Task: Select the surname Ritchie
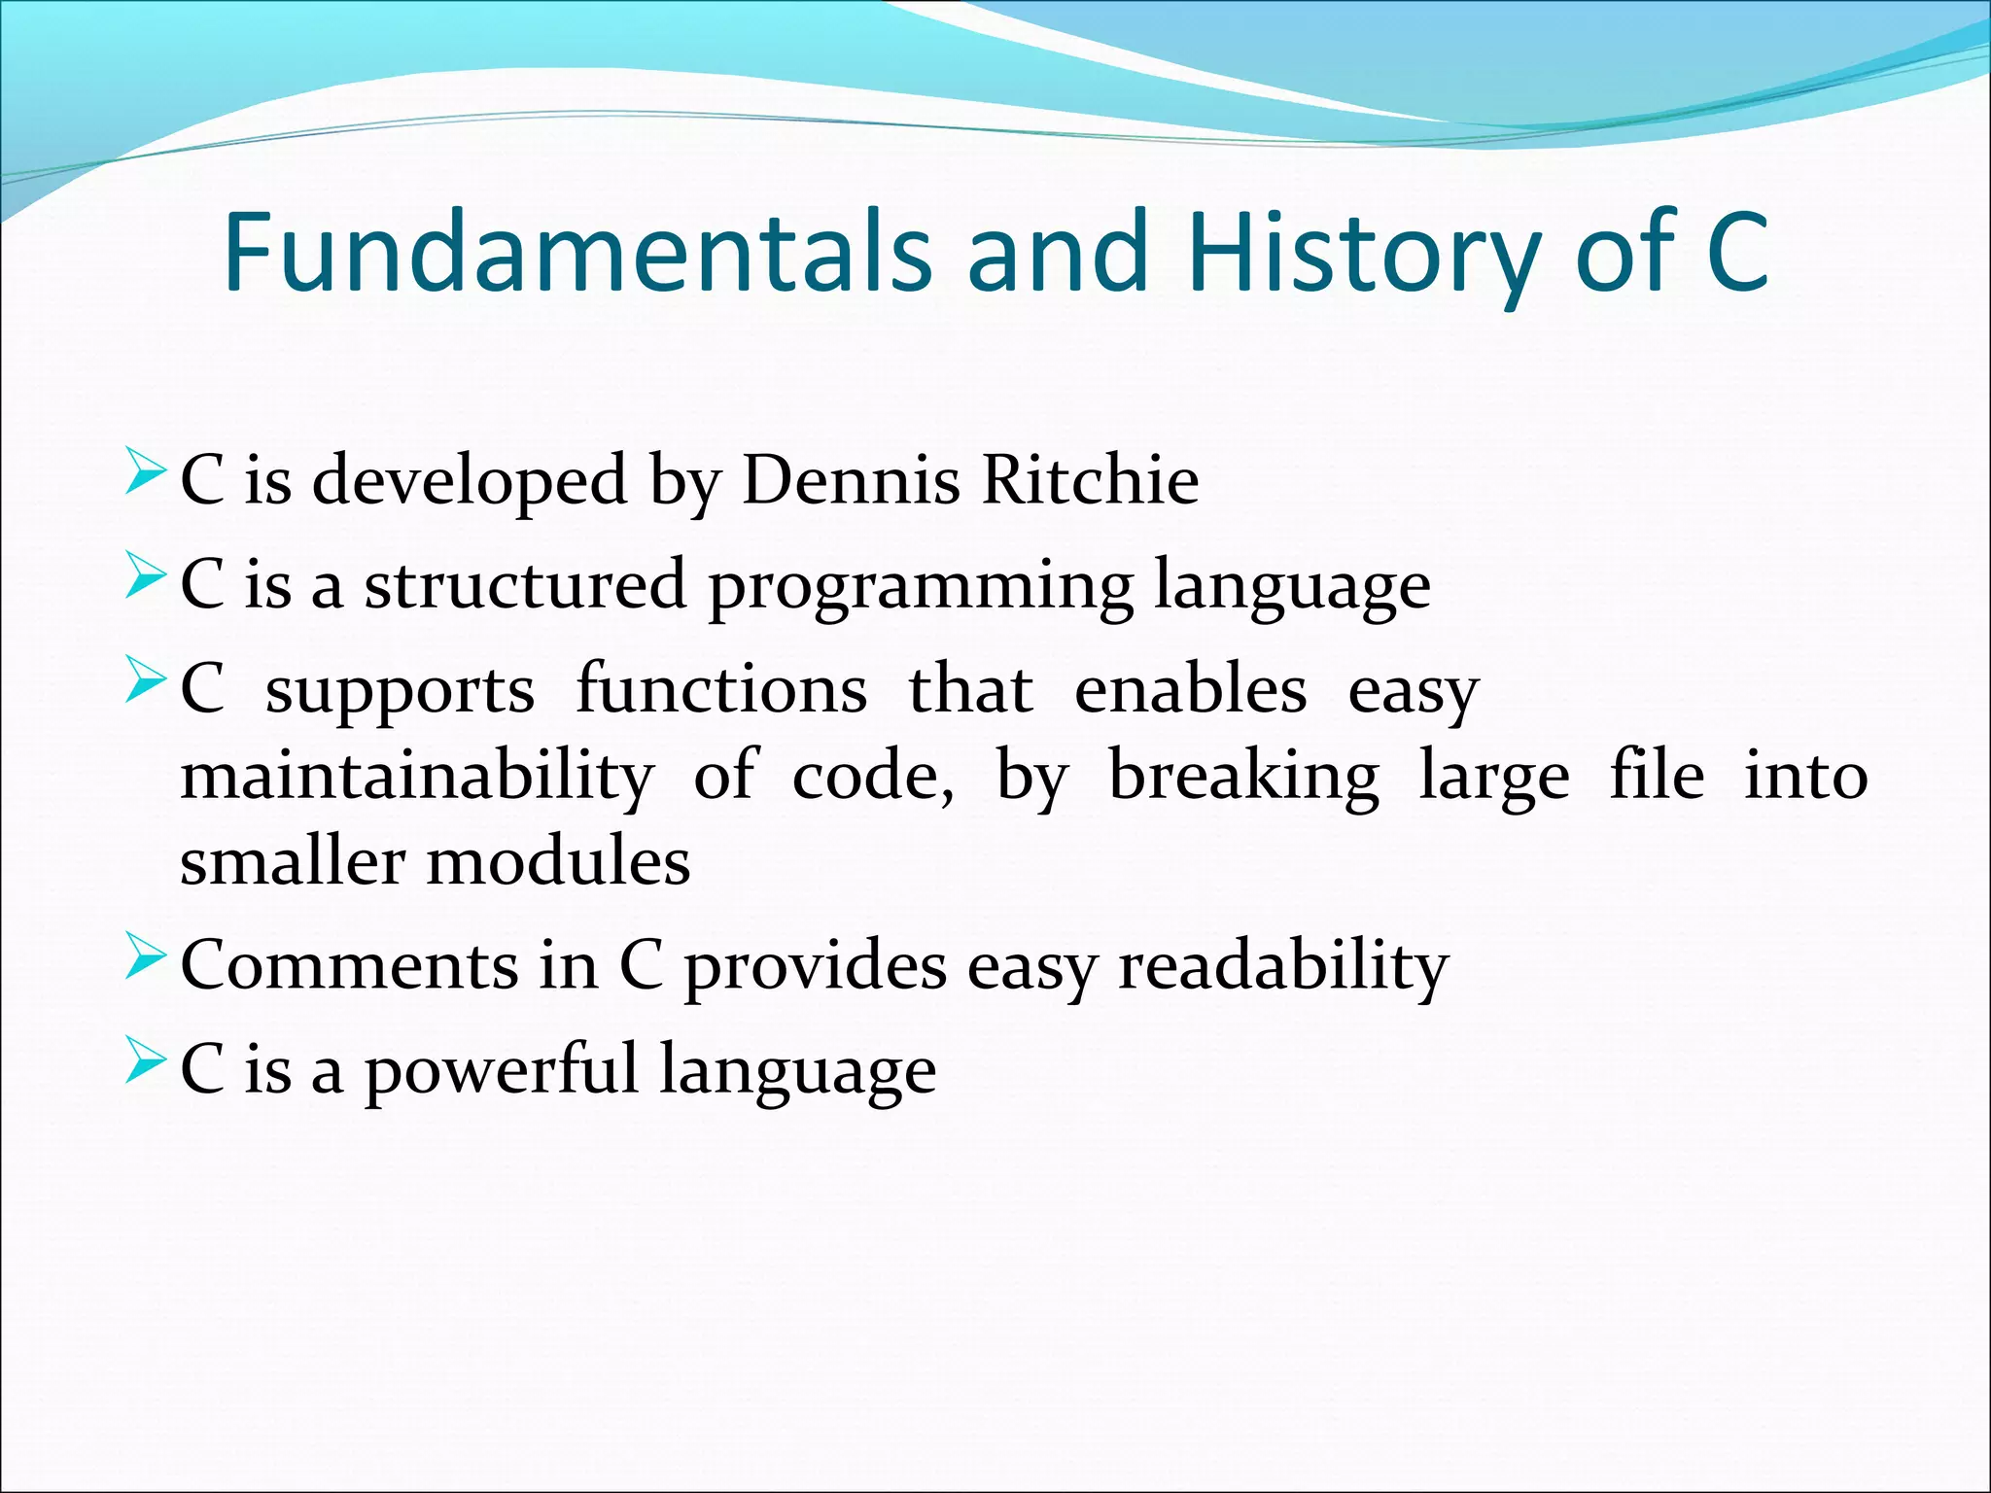coord(1090,480)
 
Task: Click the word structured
coord(525,585)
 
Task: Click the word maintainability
coord(417,777)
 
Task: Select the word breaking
coord(1243,777)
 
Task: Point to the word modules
coord(558,862)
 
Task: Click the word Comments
coord(350,966)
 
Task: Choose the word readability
coord(1282,968)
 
